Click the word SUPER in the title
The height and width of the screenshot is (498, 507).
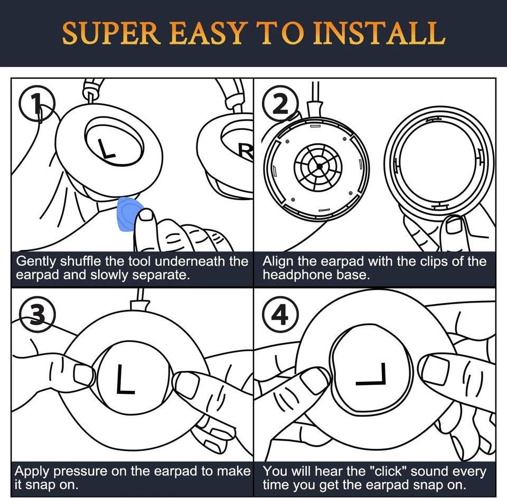[x=111, y=33]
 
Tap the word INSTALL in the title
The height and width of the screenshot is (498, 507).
[x=379, y=33]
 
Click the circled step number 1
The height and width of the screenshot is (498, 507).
[x=37, y=104]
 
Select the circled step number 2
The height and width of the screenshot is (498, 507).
[x=280, y=104]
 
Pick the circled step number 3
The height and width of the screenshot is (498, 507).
[x=37, y=314]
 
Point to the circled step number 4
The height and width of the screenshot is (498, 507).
[x=280, y=314]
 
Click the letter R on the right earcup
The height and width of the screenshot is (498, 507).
[x=247, y=152]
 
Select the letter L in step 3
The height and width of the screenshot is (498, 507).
[x=126, y=379]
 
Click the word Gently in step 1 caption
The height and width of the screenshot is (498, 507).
[x=35, y=261]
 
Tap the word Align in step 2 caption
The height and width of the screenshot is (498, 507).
[x=278, y=261]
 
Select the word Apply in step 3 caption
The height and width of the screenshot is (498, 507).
[x=32, y=472]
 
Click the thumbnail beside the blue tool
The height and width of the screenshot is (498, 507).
[x=146, y=215]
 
